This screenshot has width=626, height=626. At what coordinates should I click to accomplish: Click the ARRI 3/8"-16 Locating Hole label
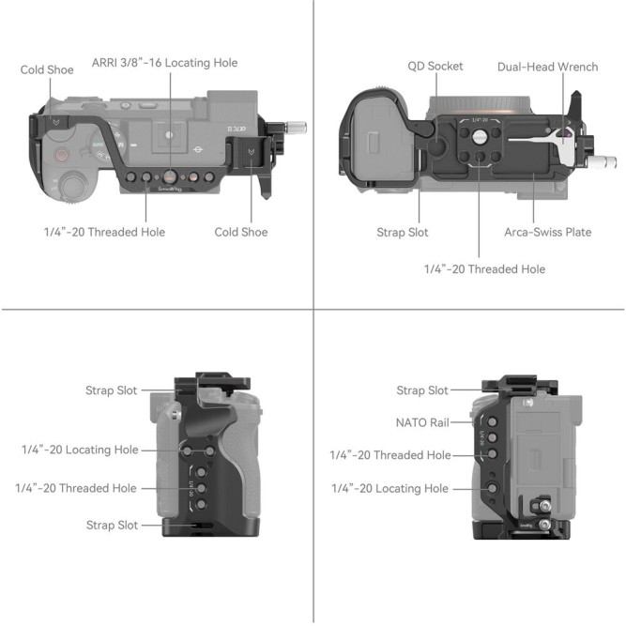(x=164, y=63)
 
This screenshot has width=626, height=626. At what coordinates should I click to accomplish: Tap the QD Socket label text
(x=435, y=67)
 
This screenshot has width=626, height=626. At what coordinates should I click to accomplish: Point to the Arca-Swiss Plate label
(x=548, y=232)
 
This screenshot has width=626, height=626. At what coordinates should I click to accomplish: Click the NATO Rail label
(x=422, y=422)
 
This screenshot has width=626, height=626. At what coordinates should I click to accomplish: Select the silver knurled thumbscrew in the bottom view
(x=603, y=161)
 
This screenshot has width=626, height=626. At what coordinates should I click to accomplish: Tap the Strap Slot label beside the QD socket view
(x=404, y=232)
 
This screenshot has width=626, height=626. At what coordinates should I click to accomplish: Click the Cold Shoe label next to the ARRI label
(x=47, y=70)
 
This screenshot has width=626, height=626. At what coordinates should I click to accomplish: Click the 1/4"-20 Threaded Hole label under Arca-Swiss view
(x=484, y=269)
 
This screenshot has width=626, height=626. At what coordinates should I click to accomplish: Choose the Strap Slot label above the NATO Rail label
(x=422, y=390)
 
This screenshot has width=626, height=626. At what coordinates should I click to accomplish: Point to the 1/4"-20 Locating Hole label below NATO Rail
(x=389, y=488)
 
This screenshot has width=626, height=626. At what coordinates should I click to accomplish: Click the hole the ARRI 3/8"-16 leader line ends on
(x=170, y=176)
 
